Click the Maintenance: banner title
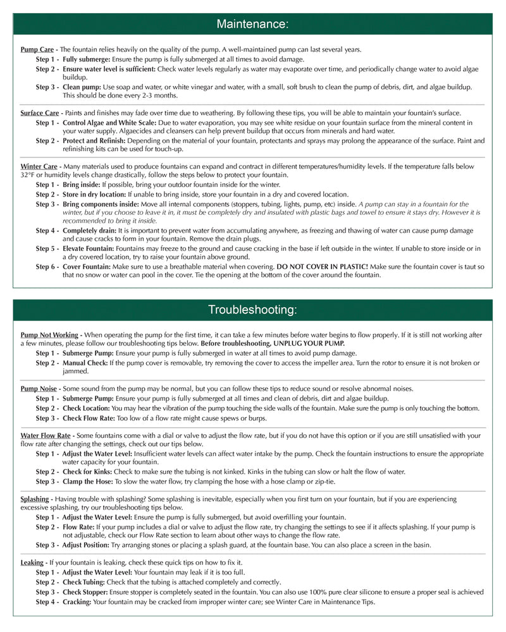[x=252, y=24]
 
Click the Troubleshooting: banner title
[x=252, y=310]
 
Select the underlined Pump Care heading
[x=37, y=49]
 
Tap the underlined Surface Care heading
[x=40, y=113]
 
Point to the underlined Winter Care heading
[x=39, y=167]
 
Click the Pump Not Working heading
[x=49, y=334]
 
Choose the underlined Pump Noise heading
[x=39, y=388]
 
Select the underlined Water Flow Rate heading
[x=46, y=435]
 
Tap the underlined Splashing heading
[x=35, y=499]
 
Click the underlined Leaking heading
[x=32, y=562]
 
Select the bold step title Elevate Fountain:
[x=91, y=248]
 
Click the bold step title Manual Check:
[x=85, y=363]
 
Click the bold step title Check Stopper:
[x=85, y=592]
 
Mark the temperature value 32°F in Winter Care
[x=27, y=175]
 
